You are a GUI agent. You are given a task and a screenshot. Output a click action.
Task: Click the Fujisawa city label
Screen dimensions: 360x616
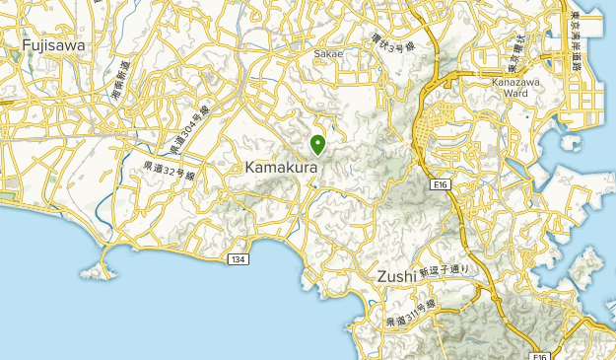(x=53, y=44)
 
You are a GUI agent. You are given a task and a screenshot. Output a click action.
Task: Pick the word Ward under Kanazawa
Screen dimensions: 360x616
(x=515, y=96)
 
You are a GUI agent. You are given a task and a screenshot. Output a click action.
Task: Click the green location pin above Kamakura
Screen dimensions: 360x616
(x=318, y=145)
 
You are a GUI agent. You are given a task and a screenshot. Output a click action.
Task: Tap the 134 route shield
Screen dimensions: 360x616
(x=237, y=258)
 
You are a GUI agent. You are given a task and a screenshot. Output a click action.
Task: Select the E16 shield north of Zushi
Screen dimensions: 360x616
(x=441, y=183)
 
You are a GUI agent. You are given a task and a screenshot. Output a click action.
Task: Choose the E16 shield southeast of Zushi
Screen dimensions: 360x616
(x=539, y=355)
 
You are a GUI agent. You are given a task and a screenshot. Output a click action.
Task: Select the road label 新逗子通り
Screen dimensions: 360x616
(x=444, y=269)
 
